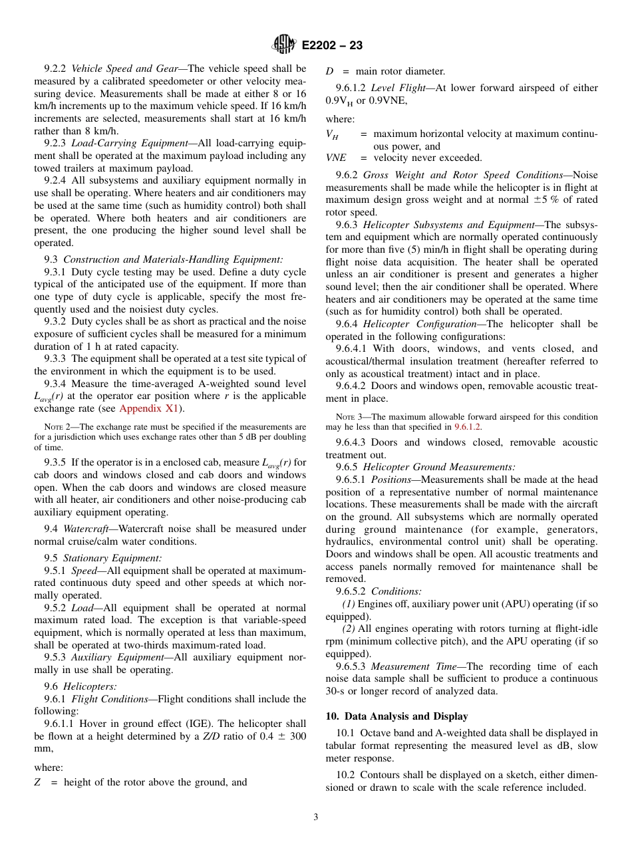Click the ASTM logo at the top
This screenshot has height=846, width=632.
click(x=284, y=45)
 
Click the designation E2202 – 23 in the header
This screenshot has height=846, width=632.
click(x=332, y=45)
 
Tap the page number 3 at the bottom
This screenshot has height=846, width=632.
click(x=316, y=817)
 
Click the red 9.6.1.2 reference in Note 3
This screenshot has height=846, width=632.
click(x=467, y=426)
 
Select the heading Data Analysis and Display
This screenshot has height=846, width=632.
click(x=396, y=716)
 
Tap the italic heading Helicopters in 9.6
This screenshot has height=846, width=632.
click(x=90, y=686)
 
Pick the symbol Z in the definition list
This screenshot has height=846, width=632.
click(x=37, y=782)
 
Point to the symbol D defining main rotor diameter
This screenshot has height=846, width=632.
click(x=329, y=71)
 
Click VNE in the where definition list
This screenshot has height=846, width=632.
click(x=336, y=158)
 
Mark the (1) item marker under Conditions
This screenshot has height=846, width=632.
click(x=349, y=604)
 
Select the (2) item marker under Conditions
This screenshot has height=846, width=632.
click(x=349, y=629)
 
